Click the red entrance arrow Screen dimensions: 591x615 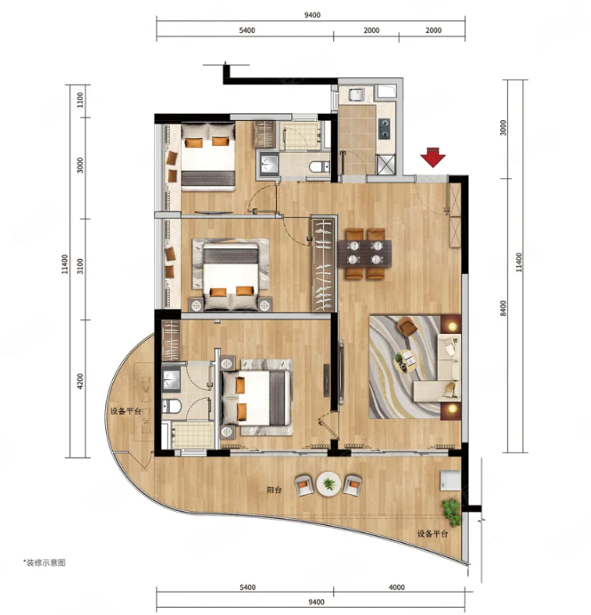pos(433,158)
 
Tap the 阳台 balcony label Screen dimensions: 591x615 pos(274,490)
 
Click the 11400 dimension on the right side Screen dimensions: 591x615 pos(519,263)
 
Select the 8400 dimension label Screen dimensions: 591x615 pos(503,308)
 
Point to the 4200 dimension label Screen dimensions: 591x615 pos(80,381)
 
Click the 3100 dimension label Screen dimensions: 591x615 pos(80,266)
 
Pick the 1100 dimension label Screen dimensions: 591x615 pos(80,100)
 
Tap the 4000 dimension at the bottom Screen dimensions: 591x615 pos(396,587)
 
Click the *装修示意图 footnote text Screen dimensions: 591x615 pos(45,562)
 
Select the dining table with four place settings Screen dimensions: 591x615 pos(365,254)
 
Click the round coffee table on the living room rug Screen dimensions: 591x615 pos(406,360)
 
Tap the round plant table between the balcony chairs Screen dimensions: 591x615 pos(328,484)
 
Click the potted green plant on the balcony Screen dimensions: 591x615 pos(451,512)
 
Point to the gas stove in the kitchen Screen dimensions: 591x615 pos(385,128)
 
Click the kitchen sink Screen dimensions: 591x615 pos(356,95)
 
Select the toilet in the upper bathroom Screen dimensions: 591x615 pos(319,166)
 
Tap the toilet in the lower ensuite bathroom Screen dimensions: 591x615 pos(172,406)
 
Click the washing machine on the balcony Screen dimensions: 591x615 pos(449,480)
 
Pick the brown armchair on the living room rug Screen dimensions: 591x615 pos(408,327)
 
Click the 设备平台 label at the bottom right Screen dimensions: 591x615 pos(433,534)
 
